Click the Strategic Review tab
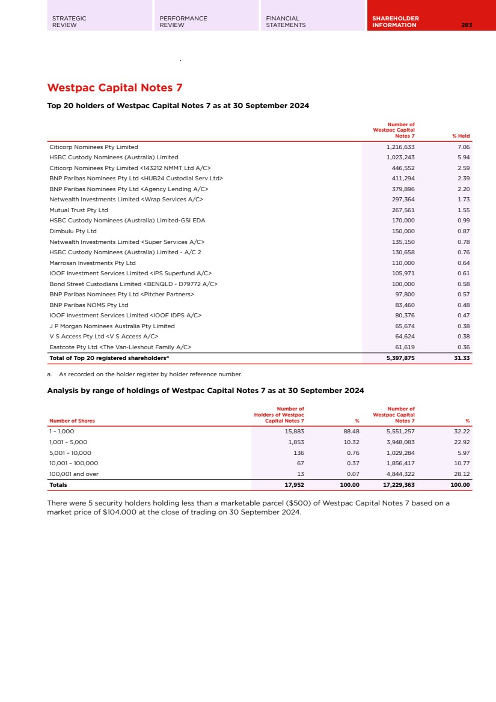click(x=69, y=22)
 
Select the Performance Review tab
click(x=183, y=22)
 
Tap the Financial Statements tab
click(x=286, y=22)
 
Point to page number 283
click(x=467, y=25)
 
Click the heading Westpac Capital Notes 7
click(x=115, y=88)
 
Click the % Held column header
click(x=461, y=136)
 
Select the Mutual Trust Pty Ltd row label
click(x=79, y=210)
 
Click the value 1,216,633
click(x=400, y=147)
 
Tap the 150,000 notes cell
click(x=403, y=231)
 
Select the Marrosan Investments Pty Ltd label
click(x=93, y=263)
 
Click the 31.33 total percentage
click(x=462, y=358)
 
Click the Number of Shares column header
click(x=72, y=421)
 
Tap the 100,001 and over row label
click(x=74, y=474)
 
